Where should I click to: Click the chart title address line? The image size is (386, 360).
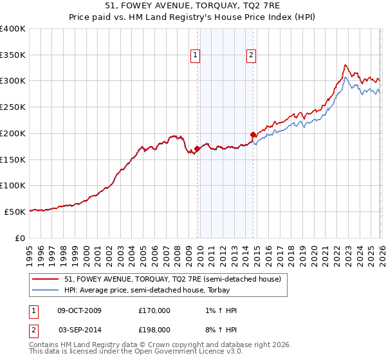coord(192,6)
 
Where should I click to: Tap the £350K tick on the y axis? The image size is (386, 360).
coord(13,55)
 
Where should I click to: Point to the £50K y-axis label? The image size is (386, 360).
coord(15,212)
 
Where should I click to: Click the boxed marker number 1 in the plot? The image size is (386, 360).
coord(195,56)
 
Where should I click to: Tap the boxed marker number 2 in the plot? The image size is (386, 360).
coord(251,56)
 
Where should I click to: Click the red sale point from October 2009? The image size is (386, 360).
coord(197,149)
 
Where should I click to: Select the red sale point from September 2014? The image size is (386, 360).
coord(253,135)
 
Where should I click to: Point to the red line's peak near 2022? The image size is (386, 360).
coord(345,65)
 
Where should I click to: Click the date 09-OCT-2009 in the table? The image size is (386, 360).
coord(79,310)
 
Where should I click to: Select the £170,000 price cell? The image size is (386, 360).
coord(154,310)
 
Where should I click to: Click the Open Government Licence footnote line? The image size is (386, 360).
coord(136,352)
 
